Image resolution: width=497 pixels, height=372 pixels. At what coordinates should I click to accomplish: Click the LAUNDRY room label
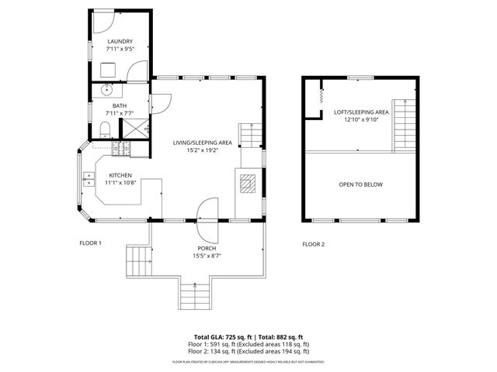(x=120, y=42)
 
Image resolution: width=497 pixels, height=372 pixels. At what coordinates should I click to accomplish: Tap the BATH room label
(x=119, y=106)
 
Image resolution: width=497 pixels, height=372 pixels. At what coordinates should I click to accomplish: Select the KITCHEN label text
(x=120, y=175)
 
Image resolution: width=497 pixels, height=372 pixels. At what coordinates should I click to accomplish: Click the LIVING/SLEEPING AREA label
(x=203, y=143)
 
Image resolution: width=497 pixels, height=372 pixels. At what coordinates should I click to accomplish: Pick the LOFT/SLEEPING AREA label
(x=356, y=112)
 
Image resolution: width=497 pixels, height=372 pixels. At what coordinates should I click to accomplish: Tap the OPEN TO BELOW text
(x=360, y=184)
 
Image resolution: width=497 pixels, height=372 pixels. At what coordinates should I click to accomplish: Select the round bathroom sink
(x=106, y=90)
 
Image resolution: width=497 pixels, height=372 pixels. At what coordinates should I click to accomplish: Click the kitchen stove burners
(x=122, y=146)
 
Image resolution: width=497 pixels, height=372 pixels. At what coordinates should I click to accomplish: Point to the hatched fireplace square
(x=248, y=184)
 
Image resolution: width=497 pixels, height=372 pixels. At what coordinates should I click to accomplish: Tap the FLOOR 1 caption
(x=90, y=243)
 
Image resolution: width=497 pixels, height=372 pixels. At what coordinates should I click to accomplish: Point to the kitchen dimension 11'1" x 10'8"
(x=120, y=183)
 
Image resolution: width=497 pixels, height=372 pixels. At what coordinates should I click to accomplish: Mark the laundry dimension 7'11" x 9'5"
(x=120, y=50)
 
